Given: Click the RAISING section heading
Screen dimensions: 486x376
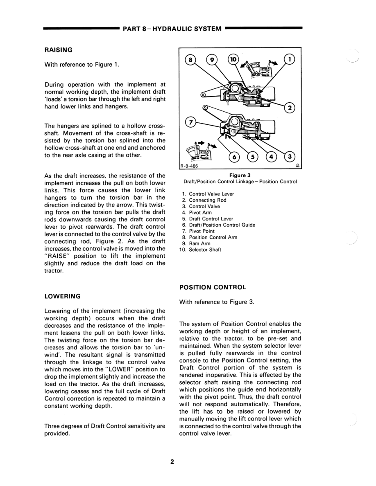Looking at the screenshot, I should point(58,50).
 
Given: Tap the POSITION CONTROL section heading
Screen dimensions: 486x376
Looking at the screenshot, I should point(213,287).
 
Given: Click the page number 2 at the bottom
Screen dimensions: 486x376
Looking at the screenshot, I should point(172,462).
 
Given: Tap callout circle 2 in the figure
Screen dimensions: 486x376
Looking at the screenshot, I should point(290,108).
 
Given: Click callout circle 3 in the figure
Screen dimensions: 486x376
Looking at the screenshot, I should point(290,156).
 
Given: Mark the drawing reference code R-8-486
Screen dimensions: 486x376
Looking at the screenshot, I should point(189,166).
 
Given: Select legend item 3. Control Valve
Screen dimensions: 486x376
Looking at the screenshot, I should point(201,207).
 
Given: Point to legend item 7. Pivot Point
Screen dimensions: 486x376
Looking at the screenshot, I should point(198,231).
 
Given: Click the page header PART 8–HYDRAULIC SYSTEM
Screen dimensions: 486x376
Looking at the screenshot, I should point(172,29).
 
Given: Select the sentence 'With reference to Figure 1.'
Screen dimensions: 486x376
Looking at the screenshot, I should point(82,65).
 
